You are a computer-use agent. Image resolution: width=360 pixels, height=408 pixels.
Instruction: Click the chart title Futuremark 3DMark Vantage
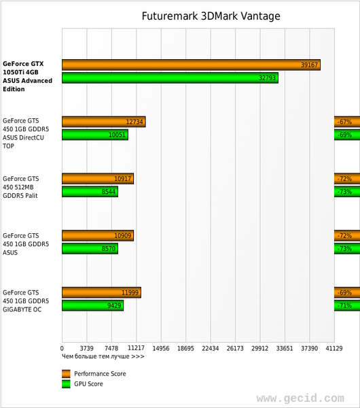point(211,16)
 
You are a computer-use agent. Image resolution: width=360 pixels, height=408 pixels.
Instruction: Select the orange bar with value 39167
point(191,65)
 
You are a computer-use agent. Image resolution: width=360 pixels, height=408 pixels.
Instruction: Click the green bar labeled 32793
point(170,78)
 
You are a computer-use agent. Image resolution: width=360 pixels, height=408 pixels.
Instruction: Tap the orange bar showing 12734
point(103,122)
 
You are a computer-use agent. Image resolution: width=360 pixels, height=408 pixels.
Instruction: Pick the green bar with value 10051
point(94,135)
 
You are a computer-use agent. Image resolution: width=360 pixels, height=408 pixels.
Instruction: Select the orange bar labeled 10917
point(97,179)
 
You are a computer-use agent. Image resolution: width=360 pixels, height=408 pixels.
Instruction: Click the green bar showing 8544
point(90,192)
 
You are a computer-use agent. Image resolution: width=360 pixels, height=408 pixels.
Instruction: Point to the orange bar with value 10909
point(97,236)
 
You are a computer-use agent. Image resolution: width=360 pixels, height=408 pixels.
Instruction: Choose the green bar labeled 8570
point(90,249)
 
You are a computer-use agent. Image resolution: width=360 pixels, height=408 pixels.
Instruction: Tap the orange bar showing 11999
point(101,292)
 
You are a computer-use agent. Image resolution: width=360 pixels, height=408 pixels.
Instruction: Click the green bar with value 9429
point(92,306)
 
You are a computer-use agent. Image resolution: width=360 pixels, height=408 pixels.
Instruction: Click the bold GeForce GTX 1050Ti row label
point(27,76)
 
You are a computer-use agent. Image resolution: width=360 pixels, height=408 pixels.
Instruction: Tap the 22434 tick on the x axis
point(210,348)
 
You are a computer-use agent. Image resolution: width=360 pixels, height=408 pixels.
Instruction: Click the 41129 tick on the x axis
point(334,348)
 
